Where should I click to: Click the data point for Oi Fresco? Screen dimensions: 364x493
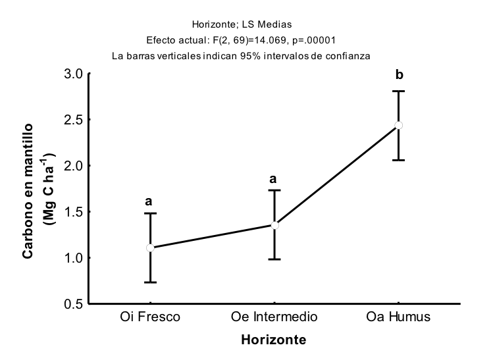[150, 247]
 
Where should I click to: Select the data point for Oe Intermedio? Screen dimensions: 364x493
[274, 225]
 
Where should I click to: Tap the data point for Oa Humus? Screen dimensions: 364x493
[399, 125]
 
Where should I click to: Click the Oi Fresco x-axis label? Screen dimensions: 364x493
[150, 317]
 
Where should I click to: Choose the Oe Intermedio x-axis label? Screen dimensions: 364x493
[274, 317]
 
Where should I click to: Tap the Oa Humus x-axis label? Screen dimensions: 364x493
[398, 317]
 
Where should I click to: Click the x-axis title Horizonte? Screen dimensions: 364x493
[273, 340]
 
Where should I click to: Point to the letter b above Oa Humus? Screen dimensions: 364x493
[399, 75]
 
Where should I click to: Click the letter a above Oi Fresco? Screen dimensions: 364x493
[149, 201]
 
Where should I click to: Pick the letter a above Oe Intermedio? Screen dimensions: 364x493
[273, 178]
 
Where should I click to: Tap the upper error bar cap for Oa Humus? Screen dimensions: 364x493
[399, 91]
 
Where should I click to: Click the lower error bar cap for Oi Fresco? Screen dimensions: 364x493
[150, 282]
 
